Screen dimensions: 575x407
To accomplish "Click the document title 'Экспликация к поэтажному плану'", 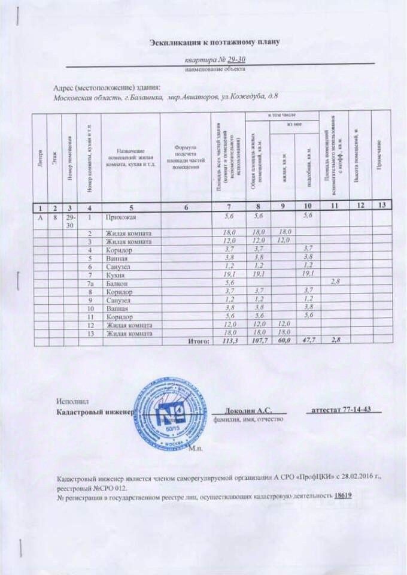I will (214, 42).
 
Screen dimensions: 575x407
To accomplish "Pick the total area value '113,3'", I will (229, 341).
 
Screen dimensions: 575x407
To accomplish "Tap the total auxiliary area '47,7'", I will (308, 341).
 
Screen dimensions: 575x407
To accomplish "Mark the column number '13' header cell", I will (379, 207).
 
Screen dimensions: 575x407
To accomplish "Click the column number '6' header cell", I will (186, 207).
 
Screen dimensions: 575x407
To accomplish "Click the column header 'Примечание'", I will (379, 156).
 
